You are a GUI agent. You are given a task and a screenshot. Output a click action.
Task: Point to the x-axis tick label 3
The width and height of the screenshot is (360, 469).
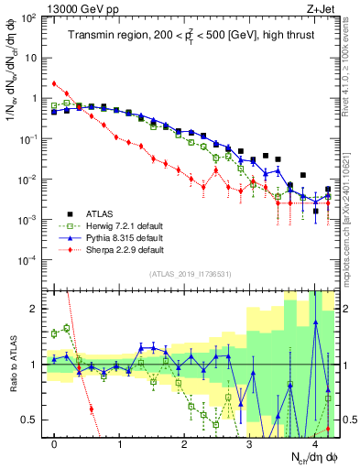click(249, 446)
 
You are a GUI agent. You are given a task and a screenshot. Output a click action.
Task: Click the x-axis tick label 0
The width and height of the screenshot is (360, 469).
click(55, 446)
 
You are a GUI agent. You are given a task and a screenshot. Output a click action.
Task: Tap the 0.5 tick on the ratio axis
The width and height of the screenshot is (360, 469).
click(30, 420)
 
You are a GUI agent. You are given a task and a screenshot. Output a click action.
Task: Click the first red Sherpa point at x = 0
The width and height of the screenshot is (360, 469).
click(55, 83)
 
